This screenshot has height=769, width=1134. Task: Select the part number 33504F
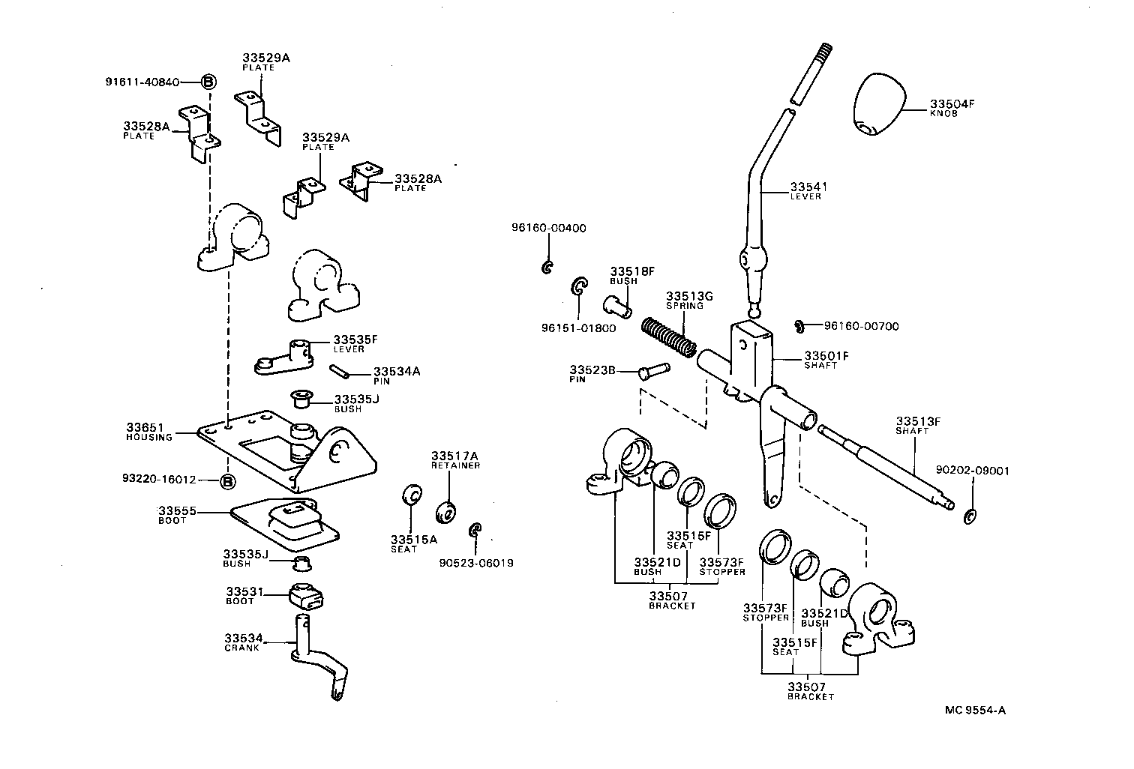click(x=952, y=104)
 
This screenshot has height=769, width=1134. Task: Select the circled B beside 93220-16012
click(x=227, y=481)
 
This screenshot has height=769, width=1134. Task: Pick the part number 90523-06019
click(x=476, y=563)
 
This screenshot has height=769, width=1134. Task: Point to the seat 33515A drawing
click(x=410, y=495)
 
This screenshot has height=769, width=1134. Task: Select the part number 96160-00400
click(x=549, y=228)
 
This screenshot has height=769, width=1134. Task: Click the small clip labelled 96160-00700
click(x=799, y=326)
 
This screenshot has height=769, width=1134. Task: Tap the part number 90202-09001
click(x=972, y=471)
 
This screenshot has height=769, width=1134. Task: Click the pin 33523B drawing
click(x=653, y=370)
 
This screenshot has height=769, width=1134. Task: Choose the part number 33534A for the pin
click(x=397, y=371)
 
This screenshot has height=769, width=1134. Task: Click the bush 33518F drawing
click(x=618, y=305)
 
